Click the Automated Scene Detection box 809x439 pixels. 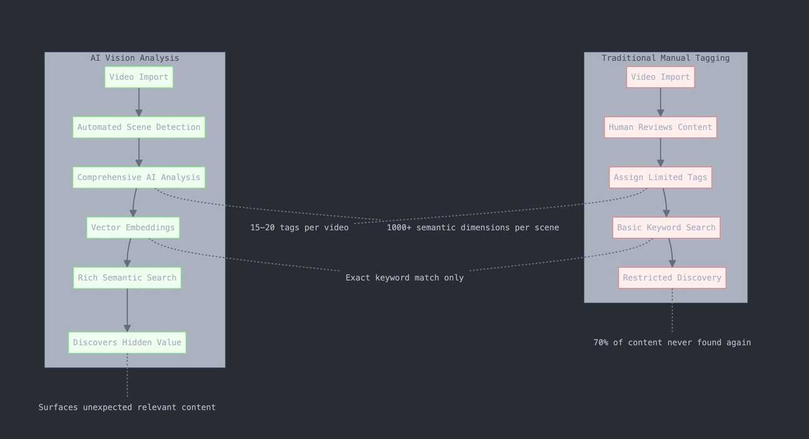[138, 128]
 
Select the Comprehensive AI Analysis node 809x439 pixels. [138, 178]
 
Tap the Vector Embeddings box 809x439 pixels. [133, 228]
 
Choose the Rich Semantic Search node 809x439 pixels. [127, 278]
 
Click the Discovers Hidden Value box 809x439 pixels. [127, 343]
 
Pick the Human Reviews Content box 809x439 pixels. [660, 128]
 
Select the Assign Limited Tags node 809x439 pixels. [660, 178]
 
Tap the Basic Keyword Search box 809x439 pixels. [666, 228]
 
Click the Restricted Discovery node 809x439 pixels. [672, 278]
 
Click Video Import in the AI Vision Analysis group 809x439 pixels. [138, 78]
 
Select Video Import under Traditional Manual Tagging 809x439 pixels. [660, 78]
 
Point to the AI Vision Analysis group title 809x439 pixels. [135, 58]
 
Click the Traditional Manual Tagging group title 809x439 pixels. [666, 58]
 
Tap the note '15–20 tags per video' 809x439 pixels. [299, 228]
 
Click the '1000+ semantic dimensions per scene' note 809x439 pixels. [473, 228]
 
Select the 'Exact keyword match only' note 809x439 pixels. [404, 278]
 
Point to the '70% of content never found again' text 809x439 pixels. [672, 343]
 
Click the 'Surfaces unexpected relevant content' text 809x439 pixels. [127, 408]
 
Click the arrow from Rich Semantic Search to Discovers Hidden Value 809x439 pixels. [127, 310]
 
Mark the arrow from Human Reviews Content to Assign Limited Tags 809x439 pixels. [660, 153]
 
